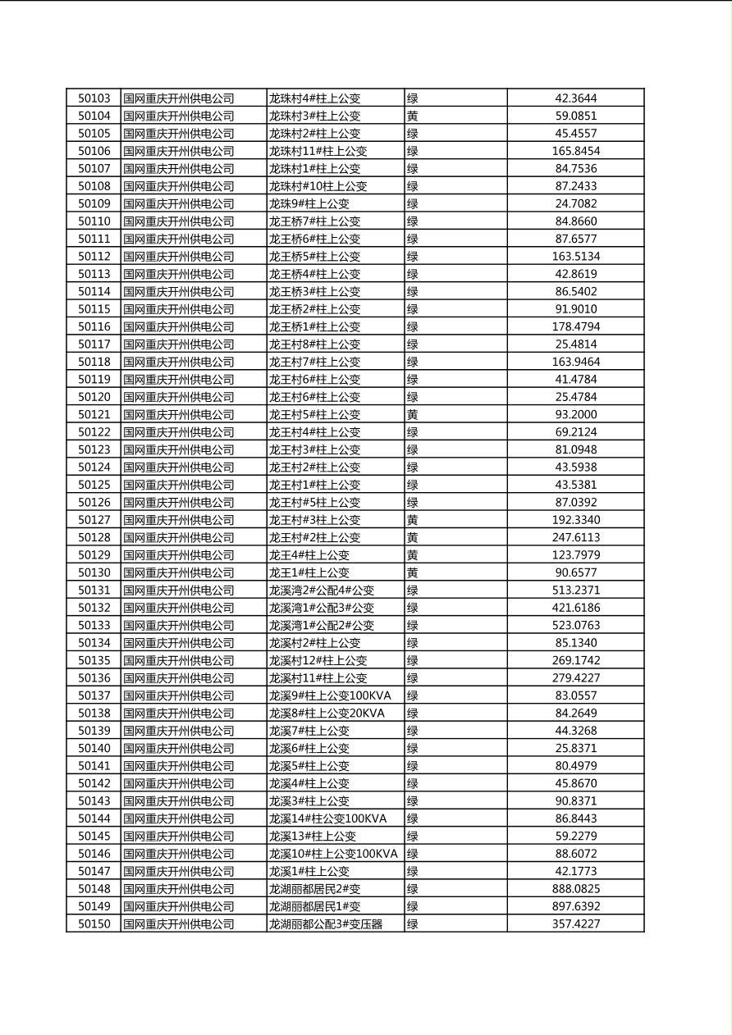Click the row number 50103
94,98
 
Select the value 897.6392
576,906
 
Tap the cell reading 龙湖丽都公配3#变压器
326,924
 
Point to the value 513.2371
576,590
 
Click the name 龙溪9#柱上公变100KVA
330,695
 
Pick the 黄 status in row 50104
413,116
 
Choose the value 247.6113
576,538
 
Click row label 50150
94,924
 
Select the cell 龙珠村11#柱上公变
318,151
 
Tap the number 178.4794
576,327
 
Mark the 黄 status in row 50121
413,415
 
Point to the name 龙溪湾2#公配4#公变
322,590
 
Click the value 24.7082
576,204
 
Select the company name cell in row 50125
179,486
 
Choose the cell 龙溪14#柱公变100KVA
327,818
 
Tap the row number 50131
94,590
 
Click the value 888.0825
576,889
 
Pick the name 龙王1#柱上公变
309,573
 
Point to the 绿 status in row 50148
413,889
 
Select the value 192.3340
576,520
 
